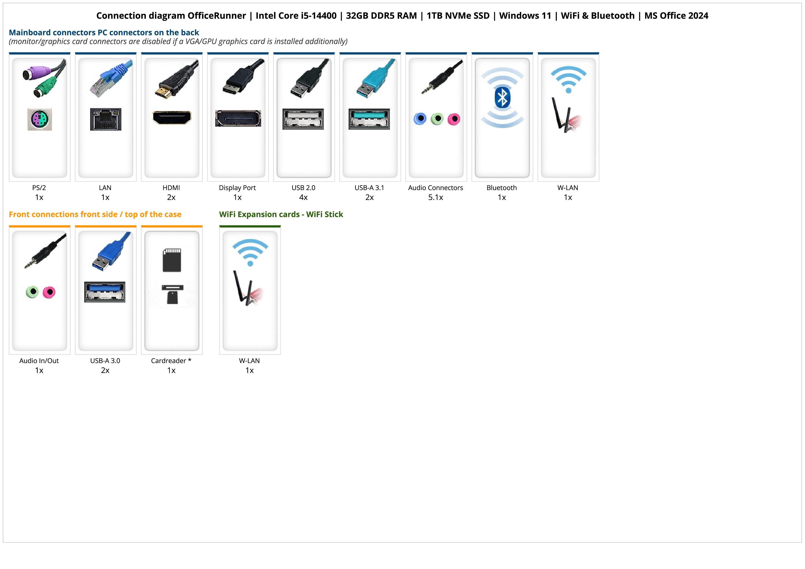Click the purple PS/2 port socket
40,119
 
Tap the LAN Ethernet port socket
106,119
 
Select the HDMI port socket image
172,118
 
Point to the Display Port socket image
238,118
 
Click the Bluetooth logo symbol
502,98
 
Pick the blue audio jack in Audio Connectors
420,119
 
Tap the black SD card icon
172,260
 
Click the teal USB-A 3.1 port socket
369,119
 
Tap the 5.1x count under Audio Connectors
436,197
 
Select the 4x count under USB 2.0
303,197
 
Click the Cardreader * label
171,361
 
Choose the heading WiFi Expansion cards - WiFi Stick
281,214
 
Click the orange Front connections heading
95,214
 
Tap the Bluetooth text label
502,188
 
